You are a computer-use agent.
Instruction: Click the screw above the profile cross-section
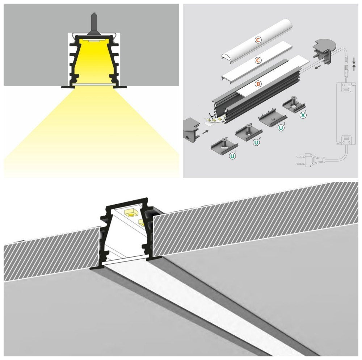pos(93,23)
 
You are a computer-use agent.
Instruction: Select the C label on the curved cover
pos(258,40)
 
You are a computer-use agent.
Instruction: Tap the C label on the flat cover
pos(258,60)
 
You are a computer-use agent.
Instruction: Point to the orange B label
pos(258,84)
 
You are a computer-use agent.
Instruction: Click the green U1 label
pos(232,156)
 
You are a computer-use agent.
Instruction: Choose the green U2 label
pos(257,142)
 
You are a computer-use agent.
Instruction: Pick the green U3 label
pos(281,127)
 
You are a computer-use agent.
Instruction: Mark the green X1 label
pos(303,115)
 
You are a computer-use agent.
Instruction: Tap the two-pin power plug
pos(310,160)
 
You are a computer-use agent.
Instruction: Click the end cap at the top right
pos(323,51)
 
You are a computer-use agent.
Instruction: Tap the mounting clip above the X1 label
pos(294,104)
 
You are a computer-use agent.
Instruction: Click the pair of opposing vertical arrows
pos(354,64)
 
